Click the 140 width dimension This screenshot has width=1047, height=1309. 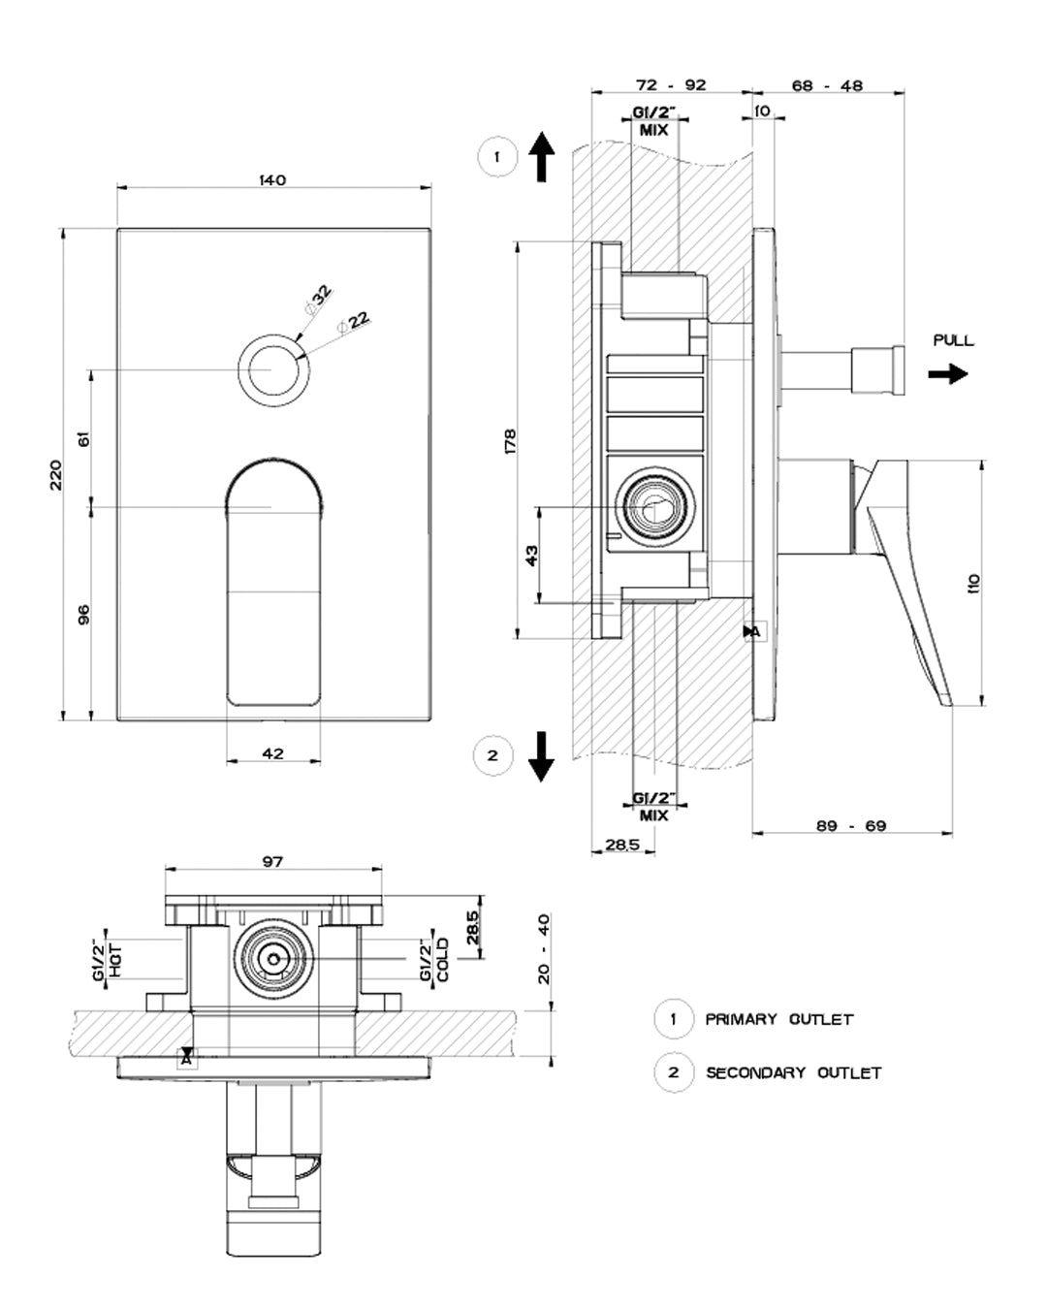click(x=272, y=180)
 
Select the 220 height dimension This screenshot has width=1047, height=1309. click(x=56, y=475)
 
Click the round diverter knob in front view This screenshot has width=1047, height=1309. click(x=272, y=370)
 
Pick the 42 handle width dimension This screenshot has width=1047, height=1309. click(x=272, y=753)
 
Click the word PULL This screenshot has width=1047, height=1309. click(x=953, y=340)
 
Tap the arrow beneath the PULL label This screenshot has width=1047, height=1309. click(x=947, y=374)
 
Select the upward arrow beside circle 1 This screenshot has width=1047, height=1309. click(x=542, y=157)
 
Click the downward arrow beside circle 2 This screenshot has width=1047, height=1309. click(x=541, y=756)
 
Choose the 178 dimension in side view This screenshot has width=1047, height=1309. click(x=511, y=440)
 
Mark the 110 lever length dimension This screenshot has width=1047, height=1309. click(x=973, y=583)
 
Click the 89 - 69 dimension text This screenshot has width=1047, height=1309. click(x=851, y=826)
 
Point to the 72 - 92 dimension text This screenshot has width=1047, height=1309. click(x=671, y=85)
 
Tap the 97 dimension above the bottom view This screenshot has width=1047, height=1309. click(x=272, y=861)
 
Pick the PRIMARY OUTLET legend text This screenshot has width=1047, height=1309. click(x=778, y=1019)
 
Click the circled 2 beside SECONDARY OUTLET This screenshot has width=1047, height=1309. click(x=673, y=1072)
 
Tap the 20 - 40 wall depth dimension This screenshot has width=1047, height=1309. click(x=543, y=948)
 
